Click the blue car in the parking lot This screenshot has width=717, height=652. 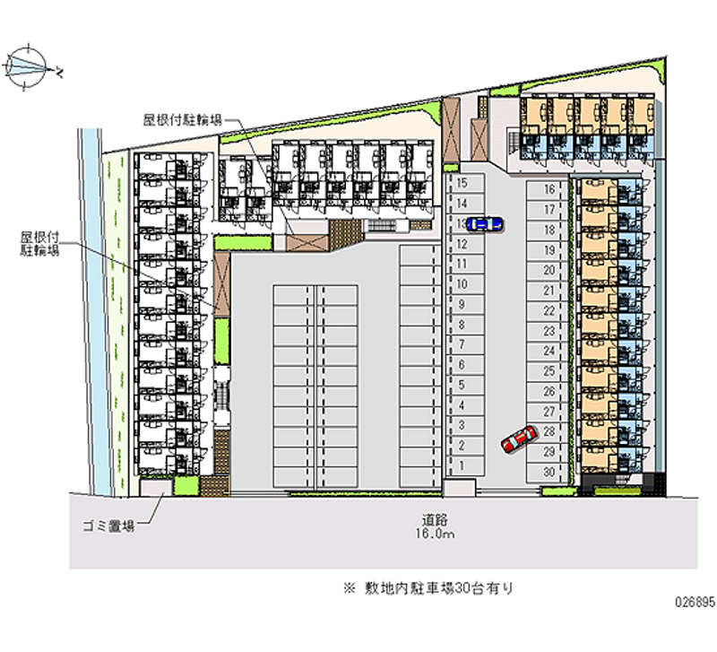[x=484, y=223]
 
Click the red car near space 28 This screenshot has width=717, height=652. [x=517, y=439]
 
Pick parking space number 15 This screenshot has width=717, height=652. [x=462, y=182]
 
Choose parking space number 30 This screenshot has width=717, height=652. [x=549, y=472]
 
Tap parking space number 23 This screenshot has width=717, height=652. [x=549, y=331]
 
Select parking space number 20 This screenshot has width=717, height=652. [x=549, y=270]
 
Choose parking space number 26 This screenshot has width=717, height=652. [x=549, y=392]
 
